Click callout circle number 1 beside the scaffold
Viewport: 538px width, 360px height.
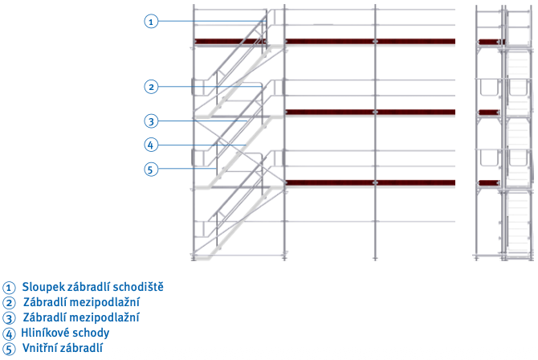[x=151, y=22]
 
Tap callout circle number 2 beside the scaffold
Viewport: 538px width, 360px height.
[x=151, y=87]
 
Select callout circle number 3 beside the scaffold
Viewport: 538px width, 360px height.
[x=151, y=121]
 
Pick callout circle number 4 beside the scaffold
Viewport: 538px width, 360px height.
[x=151, y=145]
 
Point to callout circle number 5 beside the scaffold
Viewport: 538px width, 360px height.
[x=151, y=170]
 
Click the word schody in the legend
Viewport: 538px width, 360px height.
[x=90, y=333]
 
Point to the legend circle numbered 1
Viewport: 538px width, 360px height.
[x=9, y=288]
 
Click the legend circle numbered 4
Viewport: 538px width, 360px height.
[x=9, y=334]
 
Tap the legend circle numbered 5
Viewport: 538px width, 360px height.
[x=9, y=349]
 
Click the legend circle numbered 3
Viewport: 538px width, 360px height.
[x=9, y=318]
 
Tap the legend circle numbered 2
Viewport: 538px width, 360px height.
[x=9, y=303]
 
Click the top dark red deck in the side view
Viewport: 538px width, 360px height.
[x=491, y=42]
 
